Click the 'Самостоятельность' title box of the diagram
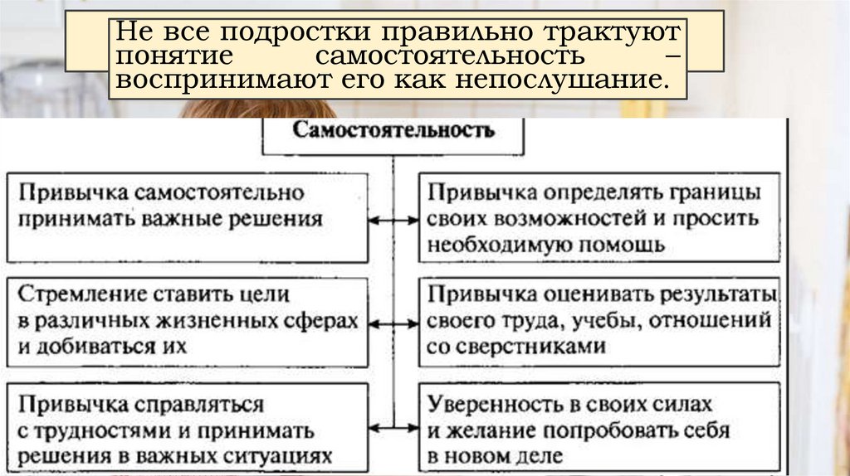394,133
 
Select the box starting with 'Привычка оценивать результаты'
598,322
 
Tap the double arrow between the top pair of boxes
394,221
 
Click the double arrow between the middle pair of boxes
394,322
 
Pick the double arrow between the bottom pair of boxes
394,427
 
